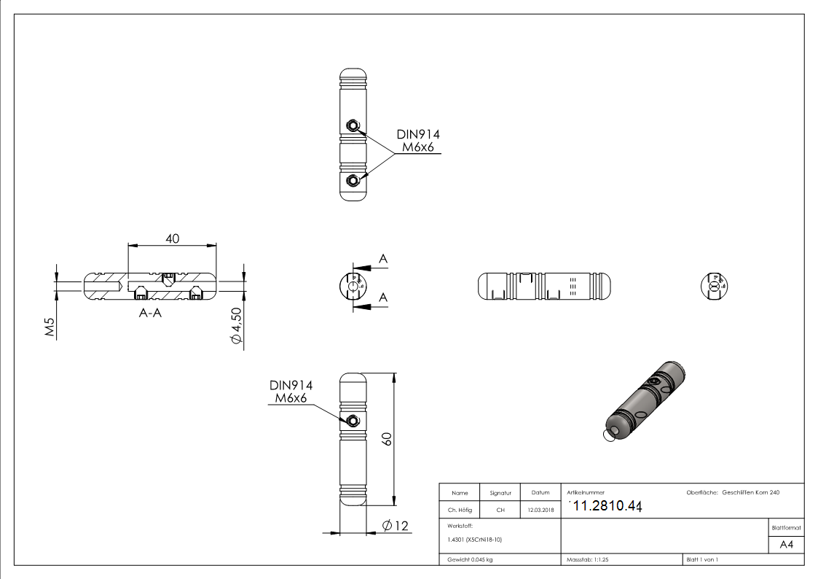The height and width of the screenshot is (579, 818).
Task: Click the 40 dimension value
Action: (x=173, y=238)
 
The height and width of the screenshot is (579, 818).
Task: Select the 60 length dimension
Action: (x=388, y=438)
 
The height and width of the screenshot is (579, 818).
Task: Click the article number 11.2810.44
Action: (x=603, y=507)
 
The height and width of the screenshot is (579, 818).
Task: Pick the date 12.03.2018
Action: (x=540, y=510)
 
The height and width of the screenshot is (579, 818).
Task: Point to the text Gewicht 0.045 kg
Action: (x=470, y=559)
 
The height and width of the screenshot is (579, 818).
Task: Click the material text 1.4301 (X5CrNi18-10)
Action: (x=475, y=540)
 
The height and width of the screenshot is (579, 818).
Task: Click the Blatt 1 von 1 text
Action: (x=701, y=559)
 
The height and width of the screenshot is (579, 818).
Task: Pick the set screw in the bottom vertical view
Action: (x=353, y=420)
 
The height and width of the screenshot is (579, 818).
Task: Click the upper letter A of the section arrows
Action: (x=382, y=260)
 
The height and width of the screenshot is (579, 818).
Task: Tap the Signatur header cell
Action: (x=500, y=493)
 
